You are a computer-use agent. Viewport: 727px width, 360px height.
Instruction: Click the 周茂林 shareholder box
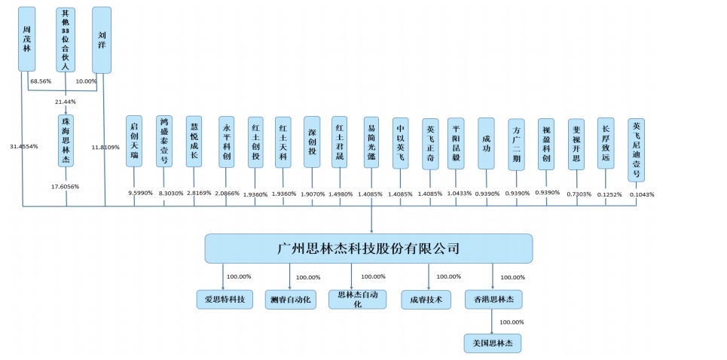[x=27, y=39]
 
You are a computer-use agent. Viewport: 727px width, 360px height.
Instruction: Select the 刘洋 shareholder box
[x=102, y=39]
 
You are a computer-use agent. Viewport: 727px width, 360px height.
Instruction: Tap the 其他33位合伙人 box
[x=66, y=39]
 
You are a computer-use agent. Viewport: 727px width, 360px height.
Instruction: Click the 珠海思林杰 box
[x=66, y=140]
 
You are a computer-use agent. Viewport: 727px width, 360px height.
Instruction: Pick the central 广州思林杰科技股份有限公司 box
[x=368, y=248]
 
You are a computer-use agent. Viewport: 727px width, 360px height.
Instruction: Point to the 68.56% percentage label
[x=41, y=81]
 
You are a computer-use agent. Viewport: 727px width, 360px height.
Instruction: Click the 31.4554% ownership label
[x=23, y=146]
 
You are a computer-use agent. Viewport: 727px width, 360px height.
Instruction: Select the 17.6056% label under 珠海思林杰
[x=65, y=186]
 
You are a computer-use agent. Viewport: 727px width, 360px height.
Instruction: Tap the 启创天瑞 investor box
[x=134, y=140]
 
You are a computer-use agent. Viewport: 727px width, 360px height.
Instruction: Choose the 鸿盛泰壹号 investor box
[x=164, y=140]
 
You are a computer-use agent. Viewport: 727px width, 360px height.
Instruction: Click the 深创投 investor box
[x=312, y=140]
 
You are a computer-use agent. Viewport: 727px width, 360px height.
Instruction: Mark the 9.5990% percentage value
[x=141, y=194]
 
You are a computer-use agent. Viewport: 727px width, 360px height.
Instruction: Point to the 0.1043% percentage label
[x=642, y=194]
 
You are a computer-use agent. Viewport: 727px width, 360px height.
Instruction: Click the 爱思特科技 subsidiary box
[x=225, y=299]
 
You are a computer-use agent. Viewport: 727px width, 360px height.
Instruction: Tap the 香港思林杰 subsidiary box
[x=493, y=299]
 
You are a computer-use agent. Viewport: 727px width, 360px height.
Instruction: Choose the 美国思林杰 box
[x=493, y=343]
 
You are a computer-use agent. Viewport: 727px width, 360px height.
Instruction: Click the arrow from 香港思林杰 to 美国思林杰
[x=493, y=322]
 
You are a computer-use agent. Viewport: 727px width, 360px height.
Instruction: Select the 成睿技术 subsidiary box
[x=426, y=299]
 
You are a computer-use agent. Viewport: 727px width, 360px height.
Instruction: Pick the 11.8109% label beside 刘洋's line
[x=105, y=146]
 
